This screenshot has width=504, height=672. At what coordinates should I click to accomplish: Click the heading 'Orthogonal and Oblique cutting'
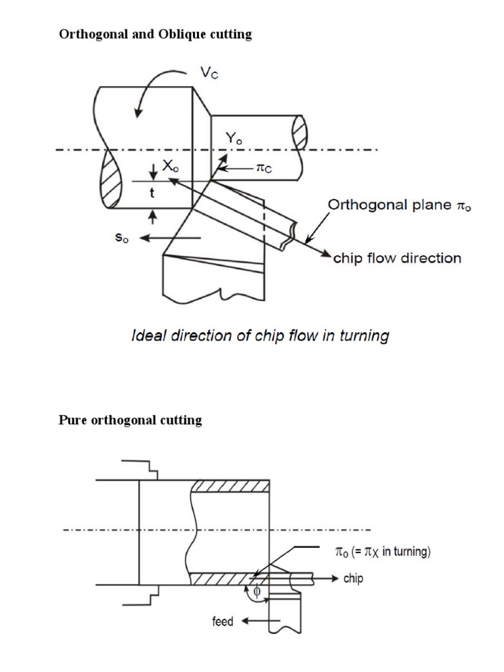[156, 35]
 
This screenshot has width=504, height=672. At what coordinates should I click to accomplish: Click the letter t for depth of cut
[152, 194]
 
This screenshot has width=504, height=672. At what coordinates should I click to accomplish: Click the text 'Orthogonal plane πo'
[399, 205]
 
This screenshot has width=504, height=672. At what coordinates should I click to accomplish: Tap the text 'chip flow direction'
[398, 258]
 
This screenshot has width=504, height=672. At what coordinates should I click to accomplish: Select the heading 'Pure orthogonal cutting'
[131, 420]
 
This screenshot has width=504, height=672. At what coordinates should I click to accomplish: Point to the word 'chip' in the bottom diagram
[352, 579]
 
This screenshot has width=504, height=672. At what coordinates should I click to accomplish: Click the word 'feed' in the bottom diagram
[222, 621]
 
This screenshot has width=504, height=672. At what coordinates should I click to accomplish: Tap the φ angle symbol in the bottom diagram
[257, 592]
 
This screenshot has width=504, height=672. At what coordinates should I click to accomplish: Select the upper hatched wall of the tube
[230, 486]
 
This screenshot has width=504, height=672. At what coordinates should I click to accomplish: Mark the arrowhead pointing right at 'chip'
[333, 579]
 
